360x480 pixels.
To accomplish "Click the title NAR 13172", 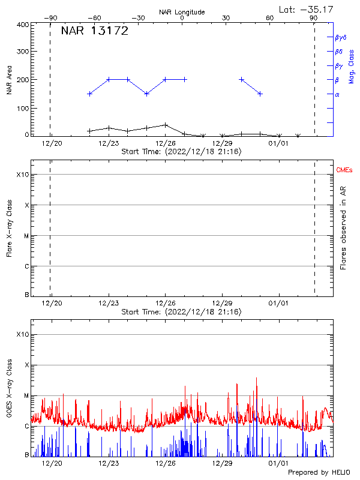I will click(x=95, y=32).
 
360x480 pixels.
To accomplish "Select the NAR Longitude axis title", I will click(x=182, y=12).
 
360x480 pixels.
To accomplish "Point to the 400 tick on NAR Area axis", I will click(x=23, y=25).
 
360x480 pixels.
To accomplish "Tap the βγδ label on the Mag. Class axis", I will click(x=341, y=37).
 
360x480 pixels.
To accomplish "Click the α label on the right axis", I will click(x=337, y=94).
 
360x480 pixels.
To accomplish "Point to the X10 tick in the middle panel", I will click(x=23, y=175).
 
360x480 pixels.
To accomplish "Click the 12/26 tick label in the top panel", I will click(x=165, y=143).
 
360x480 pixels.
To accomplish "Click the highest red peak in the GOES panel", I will click(x=257, y=379).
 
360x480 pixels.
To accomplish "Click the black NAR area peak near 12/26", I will click(x=166, y=125).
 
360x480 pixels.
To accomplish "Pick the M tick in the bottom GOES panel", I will click(x=26, y=396).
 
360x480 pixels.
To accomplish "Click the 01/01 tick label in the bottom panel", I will click(x=278, y=463).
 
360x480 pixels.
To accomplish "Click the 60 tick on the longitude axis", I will click(x=270, y=18).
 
